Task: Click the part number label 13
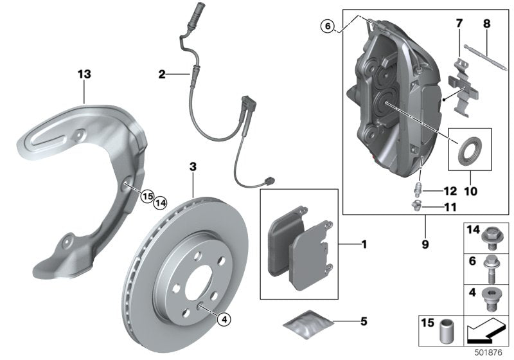(84, 74)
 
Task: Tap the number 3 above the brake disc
(192, 167)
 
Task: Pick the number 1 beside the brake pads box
(364, 244)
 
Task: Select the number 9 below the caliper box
(425, 244)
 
